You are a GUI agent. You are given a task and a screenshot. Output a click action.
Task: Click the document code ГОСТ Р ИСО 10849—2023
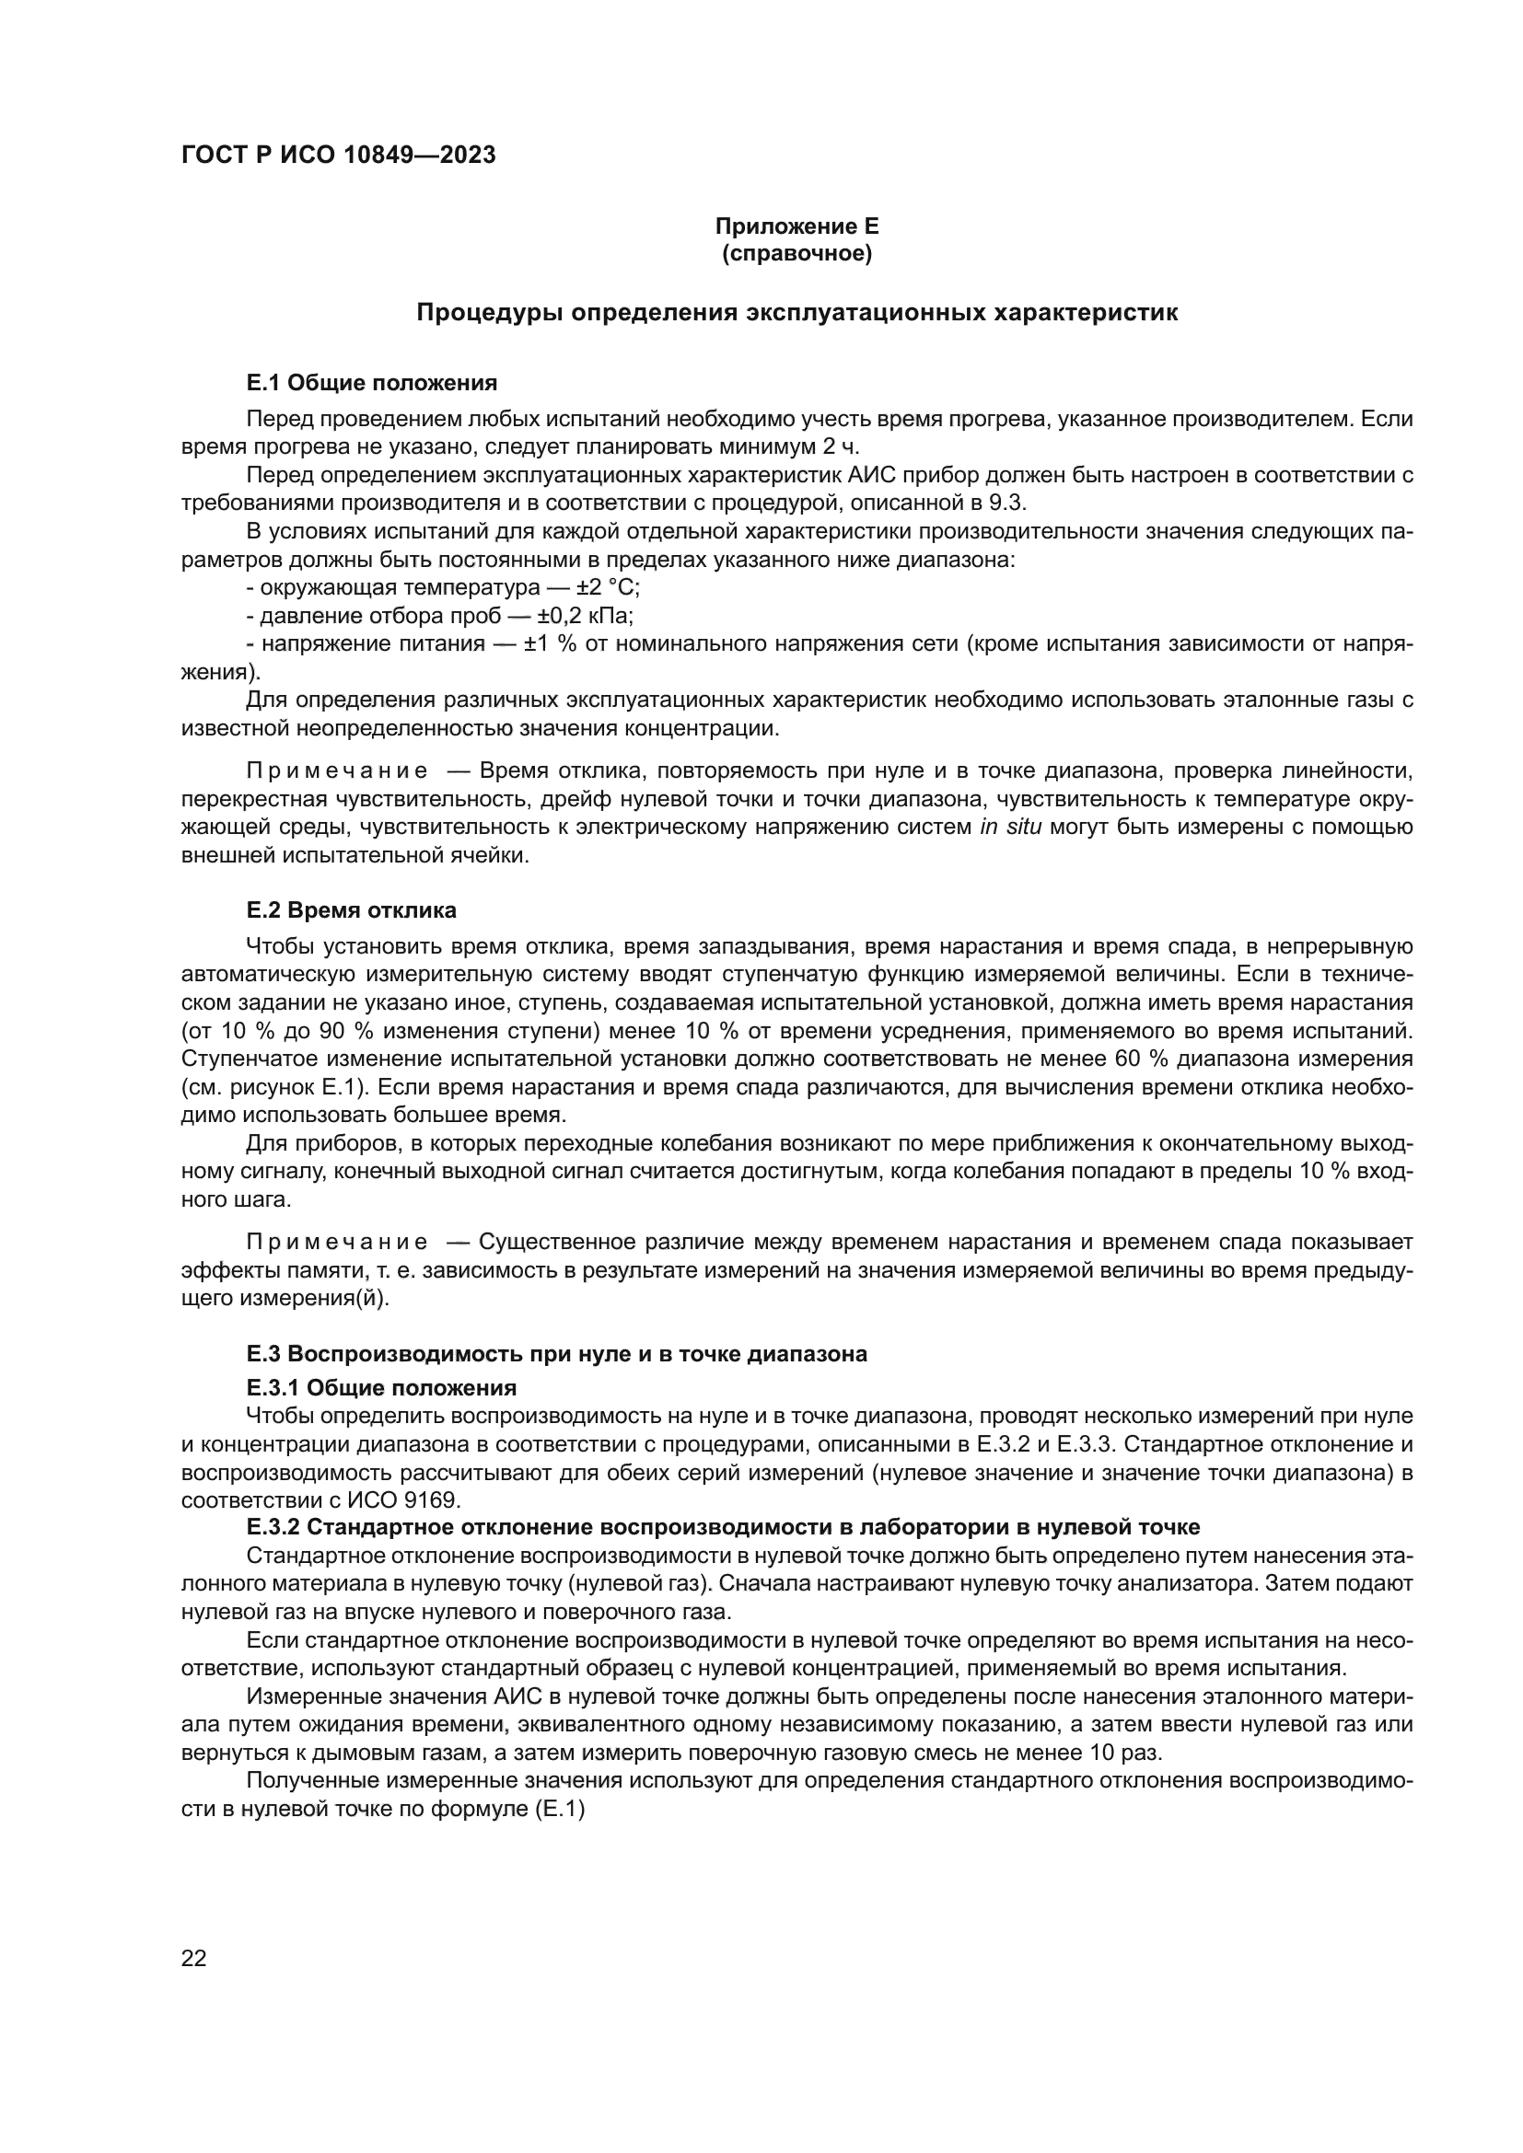(338, 156)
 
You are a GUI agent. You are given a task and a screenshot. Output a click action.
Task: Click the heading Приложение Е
(796, 226)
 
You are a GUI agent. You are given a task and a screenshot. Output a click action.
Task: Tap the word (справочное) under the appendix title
(796, 254)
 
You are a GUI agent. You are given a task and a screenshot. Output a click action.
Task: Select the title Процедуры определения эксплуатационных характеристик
(796, 313)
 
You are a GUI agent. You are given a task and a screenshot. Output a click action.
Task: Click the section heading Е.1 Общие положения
(371, 383)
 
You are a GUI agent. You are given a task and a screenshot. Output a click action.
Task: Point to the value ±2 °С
(608, 588)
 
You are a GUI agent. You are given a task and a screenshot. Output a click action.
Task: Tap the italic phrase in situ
(1010, 828)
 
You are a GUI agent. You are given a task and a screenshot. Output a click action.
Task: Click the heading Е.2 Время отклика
(352, 910)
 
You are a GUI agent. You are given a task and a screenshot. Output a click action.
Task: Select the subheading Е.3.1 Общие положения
(381, 1387)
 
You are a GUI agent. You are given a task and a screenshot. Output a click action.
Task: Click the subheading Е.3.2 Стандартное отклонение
(722, 1528)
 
